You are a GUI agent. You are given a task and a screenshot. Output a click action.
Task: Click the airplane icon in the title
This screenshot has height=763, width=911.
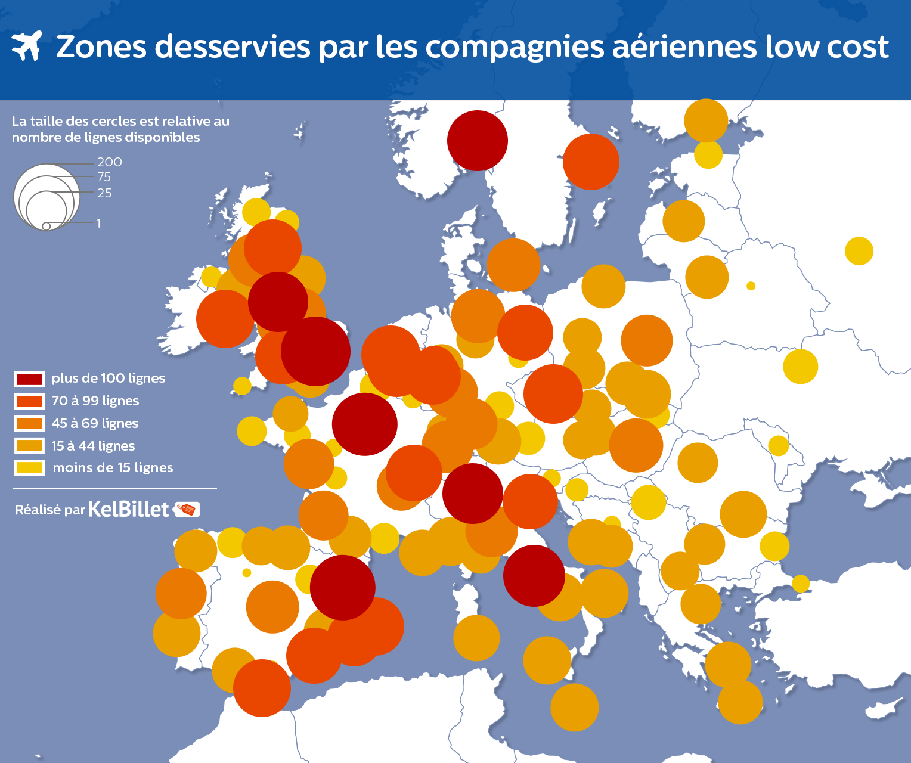[x=26, y=46]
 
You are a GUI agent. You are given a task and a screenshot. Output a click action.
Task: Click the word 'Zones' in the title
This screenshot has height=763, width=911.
[x=101, y=46]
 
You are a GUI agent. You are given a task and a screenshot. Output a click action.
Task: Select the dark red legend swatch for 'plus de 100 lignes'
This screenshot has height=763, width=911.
[x=29, y=379]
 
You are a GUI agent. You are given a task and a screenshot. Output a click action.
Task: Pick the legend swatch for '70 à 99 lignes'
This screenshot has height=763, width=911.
[x=29, y=401]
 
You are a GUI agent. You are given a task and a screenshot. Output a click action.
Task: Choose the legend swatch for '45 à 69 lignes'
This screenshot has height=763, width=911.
[x=29, y=424]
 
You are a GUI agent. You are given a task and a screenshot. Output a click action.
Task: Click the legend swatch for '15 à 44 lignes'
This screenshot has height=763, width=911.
[x=29, y=446]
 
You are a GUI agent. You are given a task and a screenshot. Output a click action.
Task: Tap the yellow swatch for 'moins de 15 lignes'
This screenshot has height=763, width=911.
[x=29, y=468]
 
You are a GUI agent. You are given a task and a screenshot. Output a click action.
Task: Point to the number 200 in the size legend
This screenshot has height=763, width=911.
[x=110, y=162]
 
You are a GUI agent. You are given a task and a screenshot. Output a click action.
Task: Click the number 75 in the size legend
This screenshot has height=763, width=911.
[x=104, y=177]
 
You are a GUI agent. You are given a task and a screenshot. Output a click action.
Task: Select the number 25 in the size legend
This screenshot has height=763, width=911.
[x=104, y=193]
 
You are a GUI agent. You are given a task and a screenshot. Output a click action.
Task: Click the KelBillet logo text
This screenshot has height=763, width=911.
[x=128, y=509]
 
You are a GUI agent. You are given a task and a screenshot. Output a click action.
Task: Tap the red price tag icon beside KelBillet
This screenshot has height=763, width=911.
[x=187, y=509]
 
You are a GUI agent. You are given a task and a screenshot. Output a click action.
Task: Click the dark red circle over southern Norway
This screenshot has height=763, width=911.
[x=477, y=141]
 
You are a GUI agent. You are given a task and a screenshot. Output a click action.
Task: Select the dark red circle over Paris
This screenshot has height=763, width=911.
[x=364, y=424]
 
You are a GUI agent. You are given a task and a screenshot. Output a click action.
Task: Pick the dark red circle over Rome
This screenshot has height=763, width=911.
[x=534, y=576]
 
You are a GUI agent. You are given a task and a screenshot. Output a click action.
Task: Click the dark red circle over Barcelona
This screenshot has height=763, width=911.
[x=342, y=587]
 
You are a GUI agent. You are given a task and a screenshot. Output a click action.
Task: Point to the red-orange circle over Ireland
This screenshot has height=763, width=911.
[x=225, y=319]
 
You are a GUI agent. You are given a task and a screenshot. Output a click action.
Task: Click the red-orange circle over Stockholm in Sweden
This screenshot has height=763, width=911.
[x=591, y=162]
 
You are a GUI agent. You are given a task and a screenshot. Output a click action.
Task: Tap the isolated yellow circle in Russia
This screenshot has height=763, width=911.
[x=859, y=251]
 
